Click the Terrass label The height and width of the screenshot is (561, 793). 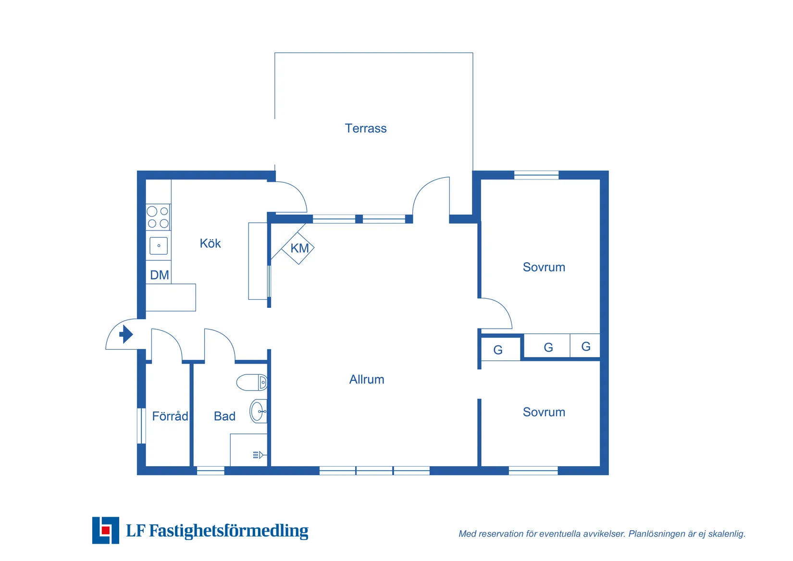(x=365, y=128)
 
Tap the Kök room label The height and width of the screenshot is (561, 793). (x=210, y=243)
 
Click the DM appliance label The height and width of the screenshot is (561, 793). (x=159, y=275)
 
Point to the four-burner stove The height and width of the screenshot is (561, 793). (x=158, y=217)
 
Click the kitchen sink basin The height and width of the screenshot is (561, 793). (x=159, y=246)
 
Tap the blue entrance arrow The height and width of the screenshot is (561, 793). (x=126, y=334)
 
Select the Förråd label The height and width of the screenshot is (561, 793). (x=170, y=416)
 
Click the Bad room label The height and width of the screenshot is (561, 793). (x=224, y=416)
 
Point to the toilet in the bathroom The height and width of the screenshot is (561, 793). (x=252, y=383)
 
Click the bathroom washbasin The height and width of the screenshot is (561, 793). (x=258, y=412)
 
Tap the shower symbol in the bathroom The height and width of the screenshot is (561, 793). (x=258, y=455)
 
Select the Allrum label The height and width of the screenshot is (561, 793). (x=366, y=380)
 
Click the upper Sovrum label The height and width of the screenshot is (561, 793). (x=544, y=267)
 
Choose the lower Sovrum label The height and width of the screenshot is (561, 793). (x=544, y=412)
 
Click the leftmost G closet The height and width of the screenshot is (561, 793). (x=498, y=350)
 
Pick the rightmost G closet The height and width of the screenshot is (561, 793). (x=585, y=346)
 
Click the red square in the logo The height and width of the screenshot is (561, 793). (x=106, y=530)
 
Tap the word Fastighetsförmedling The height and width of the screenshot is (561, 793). (x=229, y=531)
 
